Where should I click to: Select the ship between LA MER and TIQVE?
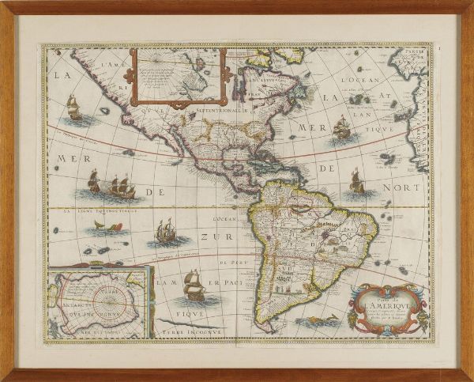(342, 127)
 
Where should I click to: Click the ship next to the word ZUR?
(165, 232)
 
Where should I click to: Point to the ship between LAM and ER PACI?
(194, 285)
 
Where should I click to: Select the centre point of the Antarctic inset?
(100, 304)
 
